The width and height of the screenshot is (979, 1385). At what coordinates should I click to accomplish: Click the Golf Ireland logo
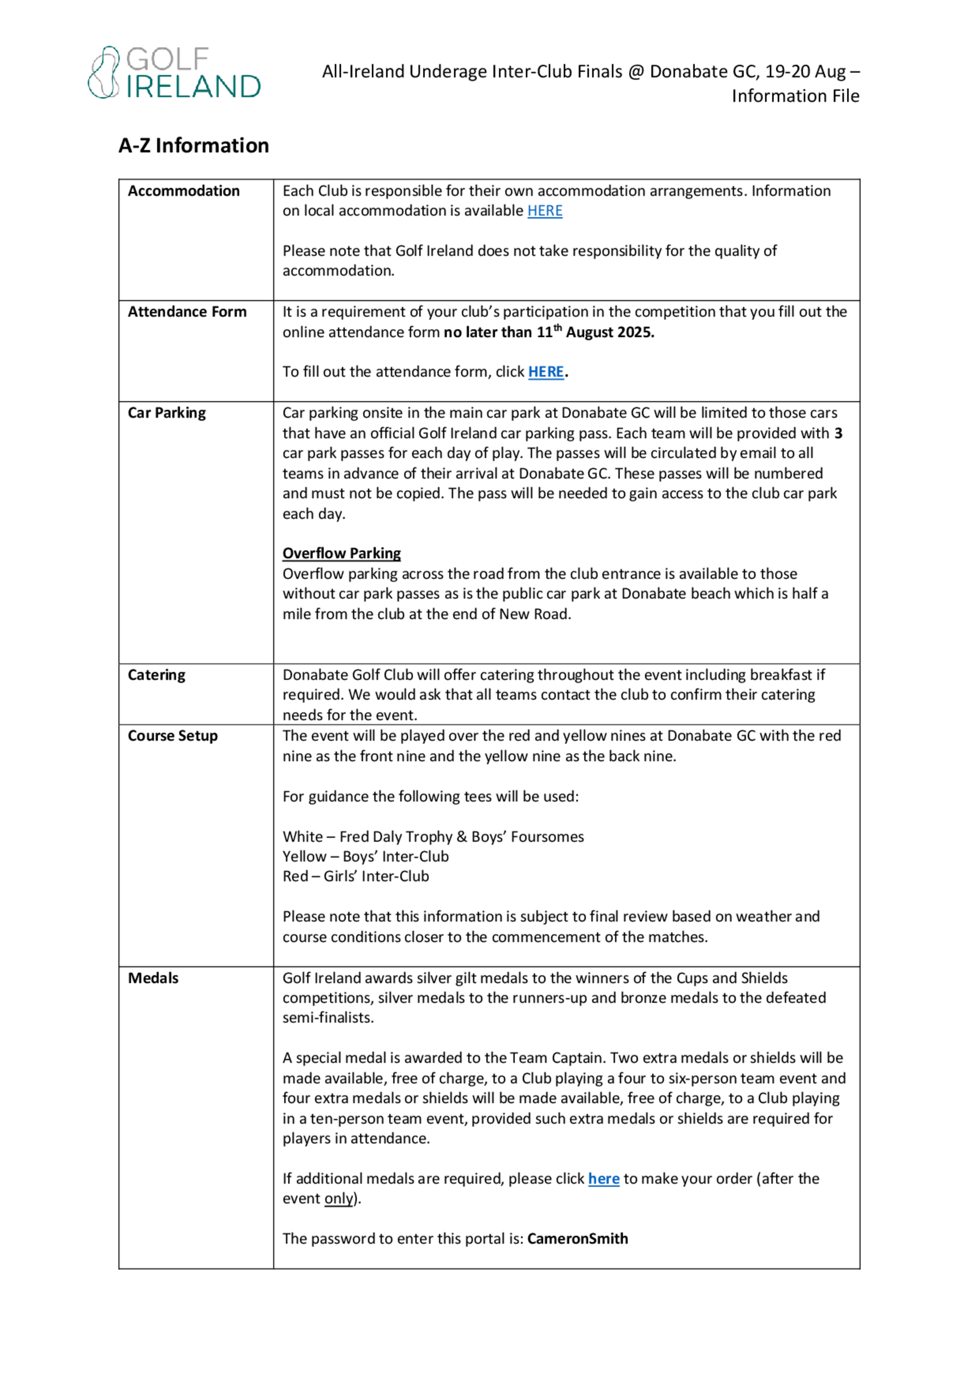pos(174,72)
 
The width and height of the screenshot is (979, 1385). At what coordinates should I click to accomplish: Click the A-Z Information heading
pos(194,145)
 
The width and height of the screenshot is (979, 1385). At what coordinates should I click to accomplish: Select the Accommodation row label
pos(184,191)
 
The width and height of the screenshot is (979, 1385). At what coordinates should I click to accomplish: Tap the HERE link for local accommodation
pos(545,211)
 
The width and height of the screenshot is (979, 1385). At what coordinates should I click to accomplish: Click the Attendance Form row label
pos(187,312)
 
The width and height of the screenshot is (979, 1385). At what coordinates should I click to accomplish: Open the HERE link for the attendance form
pos(546,372)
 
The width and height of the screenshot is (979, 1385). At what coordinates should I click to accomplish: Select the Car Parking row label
pos(166,413)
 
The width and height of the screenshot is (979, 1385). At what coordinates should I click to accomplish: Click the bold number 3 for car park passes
pos(838,433)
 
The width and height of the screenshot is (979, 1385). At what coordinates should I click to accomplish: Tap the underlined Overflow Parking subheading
pos(341,554)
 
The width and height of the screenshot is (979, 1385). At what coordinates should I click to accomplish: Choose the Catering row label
pos(156,675)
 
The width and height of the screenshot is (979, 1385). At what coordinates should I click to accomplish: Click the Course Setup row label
pos(172,736)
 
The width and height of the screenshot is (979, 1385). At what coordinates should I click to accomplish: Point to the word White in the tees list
pos(303,837)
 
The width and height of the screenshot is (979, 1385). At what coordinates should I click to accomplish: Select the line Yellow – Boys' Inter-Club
pos(366,857)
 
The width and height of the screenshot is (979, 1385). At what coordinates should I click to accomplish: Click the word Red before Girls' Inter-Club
pos(295,876)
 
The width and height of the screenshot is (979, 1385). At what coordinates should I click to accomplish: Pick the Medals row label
pos(153,979)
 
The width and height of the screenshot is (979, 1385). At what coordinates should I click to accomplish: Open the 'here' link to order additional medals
pos(604,1179)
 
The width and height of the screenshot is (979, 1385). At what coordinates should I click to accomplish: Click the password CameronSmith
pos(577,1239)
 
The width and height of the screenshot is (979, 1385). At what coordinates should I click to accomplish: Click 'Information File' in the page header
pos(795,96)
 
